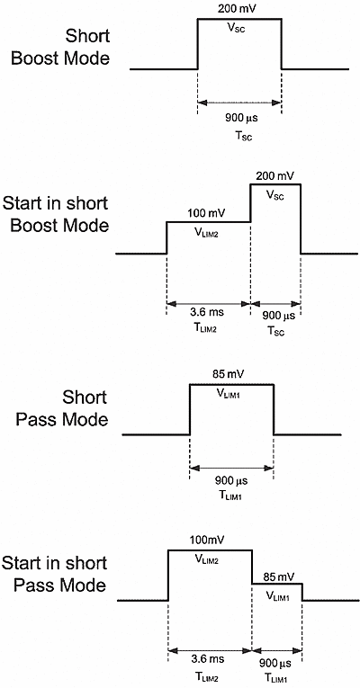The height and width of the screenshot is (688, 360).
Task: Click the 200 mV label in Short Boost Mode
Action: click(x=239, y=8)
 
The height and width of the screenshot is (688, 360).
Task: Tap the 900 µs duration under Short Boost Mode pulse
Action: click(x=239, y=117)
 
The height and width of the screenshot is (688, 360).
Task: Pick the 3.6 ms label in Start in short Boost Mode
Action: click(x=208, y=315)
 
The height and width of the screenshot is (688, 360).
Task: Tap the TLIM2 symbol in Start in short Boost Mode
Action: click(x=208, y=331)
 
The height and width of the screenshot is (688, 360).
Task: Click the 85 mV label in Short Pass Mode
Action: click(x=231, y=375)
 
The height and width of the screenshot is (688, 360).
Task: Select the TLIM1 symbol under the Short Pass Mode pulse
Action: click(x=231, y=496)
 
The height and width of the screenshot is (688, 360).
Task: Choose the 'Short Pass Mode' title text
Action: click(x=78, y=407)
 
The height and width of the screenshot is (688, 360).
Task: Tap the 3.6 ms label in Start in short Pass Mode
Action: click(x=210, y=659)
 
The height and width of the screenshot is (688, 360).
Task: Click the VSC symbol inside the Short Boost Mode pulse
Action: click(x=239, y=27)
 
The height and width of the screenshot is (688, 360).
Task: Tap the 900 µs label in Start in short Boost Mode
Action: click(x=275, y=315)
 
